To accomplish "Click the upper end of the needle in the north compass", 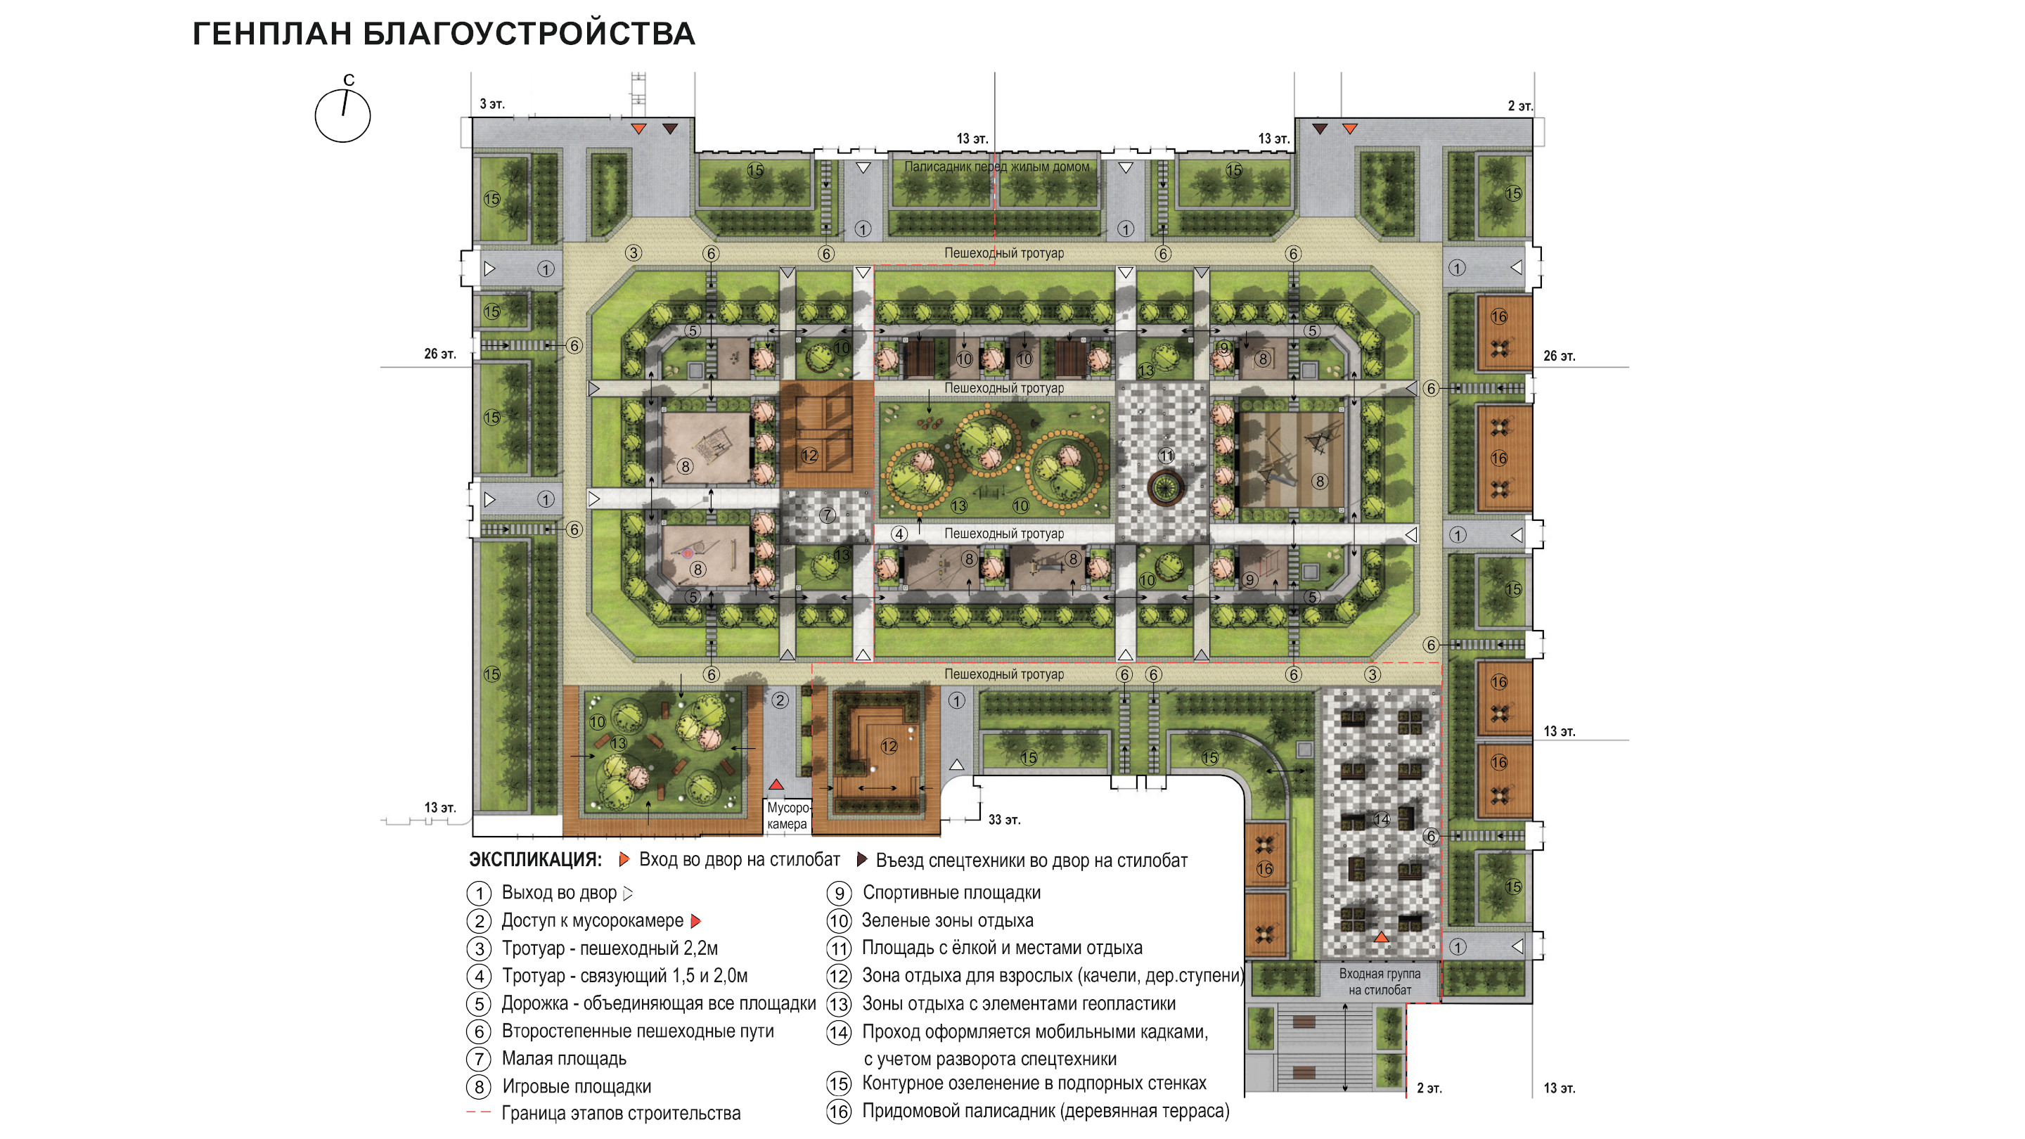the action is pos(347,91).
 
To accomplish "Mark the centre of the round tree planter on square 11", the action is pos(1165,487).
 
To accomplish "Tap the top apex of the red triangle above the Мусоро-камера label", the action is pos(776,779).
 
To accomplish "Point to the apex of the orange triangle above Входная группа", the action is pos(1381,932).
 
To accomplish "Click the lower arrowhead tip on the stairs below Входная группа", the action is pos(1345,1092).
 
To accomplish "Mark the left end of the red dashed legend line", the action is pos(467,1112).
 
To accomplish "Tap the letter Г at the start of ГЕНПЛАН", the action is pos(202,34).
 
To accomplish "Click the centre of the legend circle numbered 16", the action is pos(839,1112).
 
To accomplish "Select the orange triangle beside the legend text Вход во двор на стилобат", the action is pos(624,859).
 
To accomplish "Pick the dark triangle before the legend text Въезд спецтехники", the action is pos(861,859).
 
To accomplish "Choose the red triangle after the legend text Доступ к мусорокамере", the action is pos(695,920).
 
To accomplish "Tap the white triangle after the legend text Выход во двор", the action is pos(627,893).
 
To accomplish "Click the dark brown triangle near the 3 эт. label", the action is pos(670,128).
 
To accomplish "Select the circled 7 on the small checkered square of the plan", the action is pos(827,515).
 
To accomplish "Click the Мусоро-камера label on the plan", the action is pos(787,816).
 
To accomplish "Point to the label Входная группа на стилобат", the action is pos(1380,982).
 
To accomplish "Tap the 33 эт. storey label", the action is pos(1004,820).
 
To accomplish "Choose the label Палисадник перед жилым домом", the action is pos(997,167).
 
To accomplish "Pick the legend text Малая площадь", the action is pos(565,1059).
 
